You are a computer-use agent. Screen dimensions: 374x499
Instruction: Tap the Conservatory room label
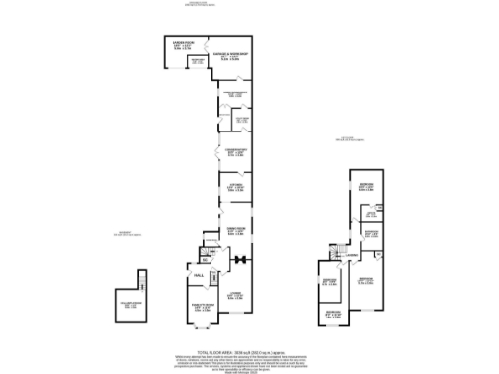tap(235, 152)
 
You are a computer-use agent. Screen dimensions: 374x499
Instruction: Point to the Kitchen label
tap(235, 188)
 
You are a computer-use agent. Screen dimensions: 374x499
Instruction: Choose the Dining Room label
tap(235, 232)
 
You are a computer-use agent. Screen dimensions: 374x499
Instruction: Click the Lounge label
tap(235, 294)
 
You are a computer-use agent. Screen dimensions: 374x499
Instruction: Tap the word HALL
tap(198, 277)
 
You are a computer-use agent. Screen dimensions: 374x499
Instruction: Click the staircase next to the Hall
tap(205, 255)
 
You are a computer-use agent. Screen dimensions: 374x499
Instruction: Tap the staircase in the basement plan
tap(142, 281)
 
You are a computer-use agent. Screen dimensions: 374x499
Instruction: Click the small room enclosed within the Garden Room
tap(198, 62)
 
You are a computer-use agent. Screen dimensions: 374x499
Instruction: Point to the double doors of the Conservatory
tap(217, 154)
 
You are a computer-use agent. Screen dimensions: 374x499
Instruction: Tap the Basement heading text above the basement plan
tap(128, 233)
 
